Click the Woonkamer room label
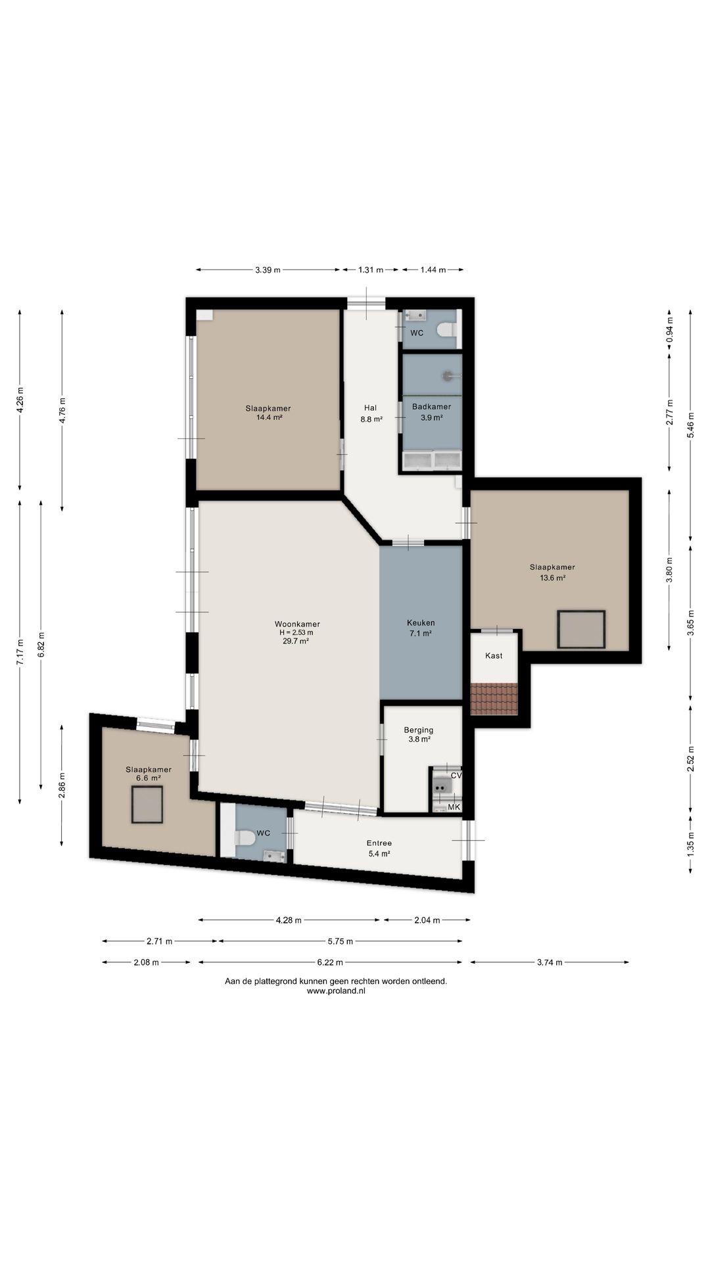pyautogui.click(x=297, y=624)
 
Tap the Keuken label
pyautogui.click(x=421, y=622)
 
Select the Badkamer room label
pyautogui.click(x=431, y=406)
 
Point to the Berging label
pyautogui.click(x=419, y=730)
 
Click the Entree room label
pyautogui.click(x=379, y=843)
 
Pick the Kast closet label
pyautogui.click(x=494, y=655)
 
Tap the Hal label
pyautogui.click(x=371, y=408)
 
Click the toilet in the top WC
pyautogui.click(x=449, y=329)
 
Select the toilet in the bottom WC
pyautogui.click(x=245, y=837)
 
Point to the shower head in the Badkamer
pyautogui.click(x=448, y=376)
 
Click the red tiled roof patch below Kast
pyautogui.click(x=494, y=699)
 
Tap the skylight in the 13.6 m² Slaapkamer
pyautogui.click(x=581, y=629)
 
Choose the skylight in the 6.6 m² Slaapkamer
pyautogui.click(x=147, y=804)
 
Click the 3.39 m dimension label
pyautogui.click(x=268, y=269)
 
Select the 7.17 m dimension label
pyautogui.click(x=20, y=652)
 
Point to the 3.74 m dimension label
pyautogui.click(x=550, y=962)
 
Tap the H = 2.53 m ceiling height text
pyautogui.click(x=296, y=632)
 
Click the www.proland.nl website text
pyautogui.click(x=336, y=991)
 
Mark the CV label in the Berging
pyautogui.click(x=456, y=775)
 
